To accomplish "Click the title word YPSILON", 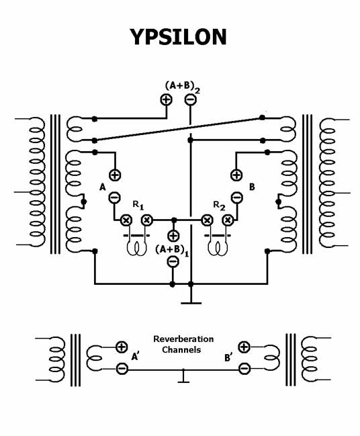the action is pyautogui.click(x=178, y=37).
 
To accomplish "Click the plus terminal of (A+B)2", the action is pyautogui.click(x=167, y=99).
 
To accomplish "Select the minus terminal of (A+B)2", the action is pyautogui.click(x=191, y=99).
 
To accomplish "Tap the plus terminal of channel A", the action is pyautogui.click(x=115, y=175).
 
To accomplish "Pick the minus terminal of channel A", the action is pyautogui.click(x=114, y=198).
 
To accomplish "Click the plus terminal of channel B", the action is pyautogui.click(x=236, y=175).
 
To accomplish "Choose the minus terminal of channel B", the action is pyautogui.click(x=237, y=198).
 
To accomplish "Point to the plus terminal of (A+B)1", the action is pyautogui.click(x=173, y=236).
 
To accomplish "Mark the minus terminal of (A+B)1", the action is pyautogui.click(x=173, y=261).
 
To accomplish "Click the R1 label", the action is pyautogui.click(x=138, y=205).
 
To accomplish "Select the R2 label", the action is pyautogui.click(x=219, y=206).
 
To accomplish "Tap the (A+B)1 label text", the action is pyautogui.click(x=172, y=251).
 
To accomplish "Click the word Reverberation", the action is pyautogui.click(x=183, y=339).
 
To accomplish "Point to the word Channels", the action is pyautogui.click(x=181, y=349).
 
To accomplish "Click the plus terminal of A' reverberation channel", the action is pyautogui.click(x=122, y=347).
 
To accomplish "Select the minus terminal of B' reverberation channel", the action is pyautogui.click(x=244, y=369).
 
